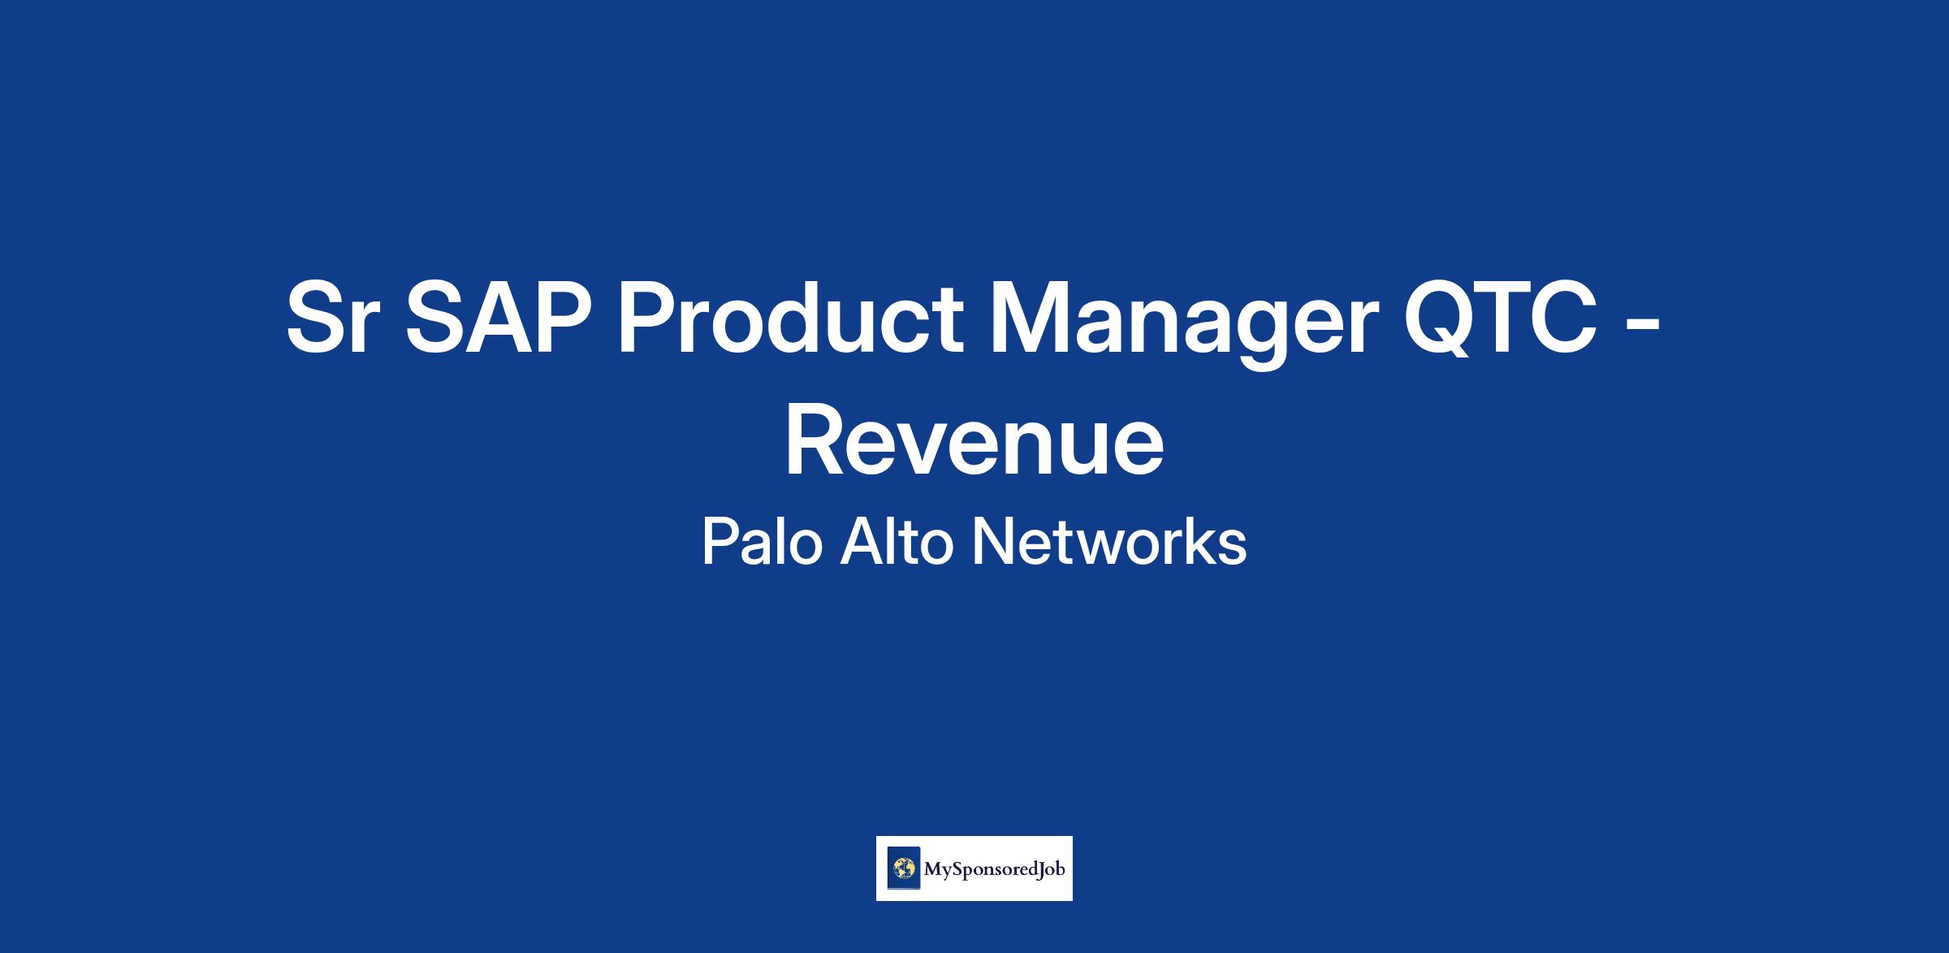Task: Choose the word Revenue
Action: [974, 442]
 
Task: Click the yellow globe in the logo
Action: [904, 869]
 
